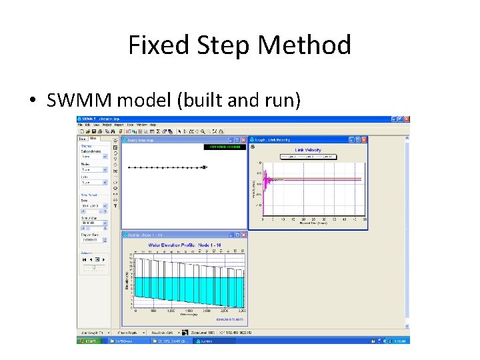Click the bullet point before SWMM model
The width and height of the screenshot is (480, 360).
pos(33,101)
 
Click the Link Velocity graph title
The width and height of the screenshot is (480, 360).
pos(308,150)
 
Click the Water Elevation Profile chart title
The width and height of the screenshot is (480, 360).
pos(184,245)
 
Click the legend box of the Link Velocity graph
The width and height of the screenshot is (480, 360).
pos(308,157)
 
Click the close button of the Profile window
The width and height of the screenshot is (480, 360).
pos(243,235)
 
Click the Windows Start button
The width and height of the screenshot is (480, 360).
pos(89,340)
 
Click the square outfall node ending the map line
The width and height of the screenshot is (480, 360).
pos(203,167)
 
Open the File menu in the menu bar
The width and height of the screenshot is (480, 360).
pos(80,125)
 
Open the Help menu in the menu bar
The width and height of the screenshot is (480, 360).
pos(153,125)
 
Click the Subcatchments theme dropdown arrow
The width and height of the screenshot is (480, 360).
pos(105,157)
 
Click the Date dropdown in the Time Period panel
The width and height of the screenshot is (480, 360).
pos(105,206)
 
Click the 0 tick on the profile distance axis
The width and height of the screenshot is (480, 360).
pos(136,311)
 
